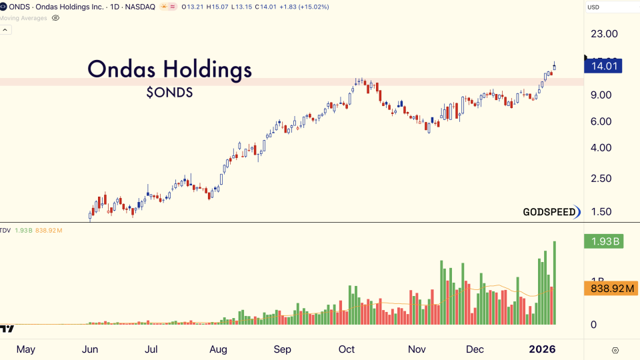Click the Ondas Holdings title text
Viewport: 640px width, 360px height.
coord(170,69)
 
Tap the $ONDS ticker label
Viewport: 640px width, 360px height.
coord(169,93)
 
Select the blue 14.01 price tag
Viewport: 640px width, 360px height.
coord(603,65)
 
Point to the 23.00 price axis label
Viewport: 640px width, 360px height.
coord(604,34)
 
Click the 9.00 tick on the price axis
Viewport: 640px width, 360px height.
coord(601,95)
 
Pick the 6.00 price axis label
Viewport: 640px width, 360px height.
coord(601,121)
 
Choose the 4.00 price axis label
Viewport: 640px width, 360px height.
coord(601,147)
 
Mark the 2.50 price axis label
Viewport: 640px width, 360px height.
coord(601,178)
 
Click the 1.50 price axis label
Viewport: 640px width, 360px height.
coord(601,212)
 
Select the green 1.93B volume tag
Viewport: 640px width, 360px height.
coord(603,241)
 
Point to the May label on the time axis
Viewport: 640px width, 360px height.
coord(25,349)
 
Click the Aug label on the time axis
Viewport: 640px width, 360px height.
coord(218,349)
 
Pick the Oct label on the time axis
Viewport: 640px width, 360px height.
coord(347,349)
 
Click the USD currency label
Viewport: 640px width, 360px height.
coord(593,7)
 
